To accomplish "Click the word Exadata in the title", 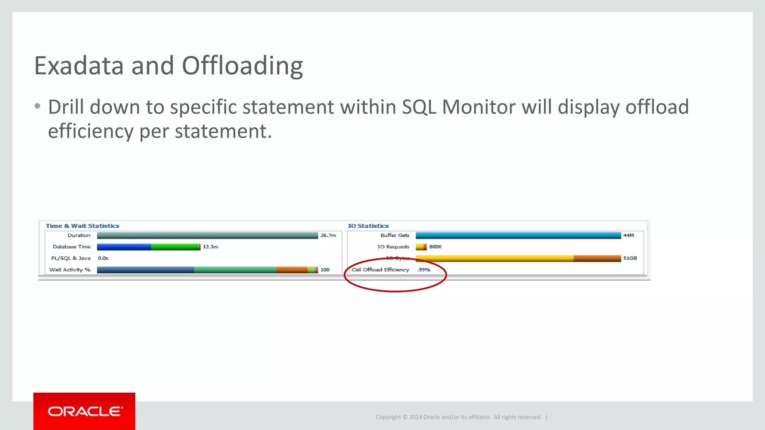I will (x=79, y=66).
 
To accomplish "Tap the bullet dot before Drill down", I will (x=37, y=106).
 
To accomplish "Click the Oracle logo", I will (x=84, y=411).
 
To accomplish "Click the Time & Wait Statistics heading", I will (x=83, y=226).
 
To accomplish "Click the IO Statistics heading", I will (x=368, y=226).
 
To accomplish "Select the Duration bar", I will (x=207, y=235).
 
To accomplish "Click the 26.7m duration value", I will (x=328, y=235).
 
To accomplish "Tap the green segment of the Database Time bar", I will (x=175, y=247).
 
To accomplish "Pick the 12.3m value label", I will (x=210, y=247).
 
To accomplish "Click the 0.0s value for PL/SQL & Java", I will (x=103, y=258).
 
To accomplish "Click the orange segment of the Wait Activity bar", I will (x=291, y=270).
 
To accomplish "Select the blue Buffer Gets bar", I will (x=518, y=235).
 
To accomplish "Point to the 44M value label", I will (x=628, y=235).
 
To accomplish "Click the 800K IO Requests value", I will (x=435, y=247).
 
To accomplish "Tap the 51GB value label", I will (x=630, y=258).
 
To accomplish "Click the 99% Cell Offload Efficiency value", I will (x=424, y=270).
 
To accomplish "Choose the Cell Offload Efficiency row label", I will (x=380, y=270).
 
